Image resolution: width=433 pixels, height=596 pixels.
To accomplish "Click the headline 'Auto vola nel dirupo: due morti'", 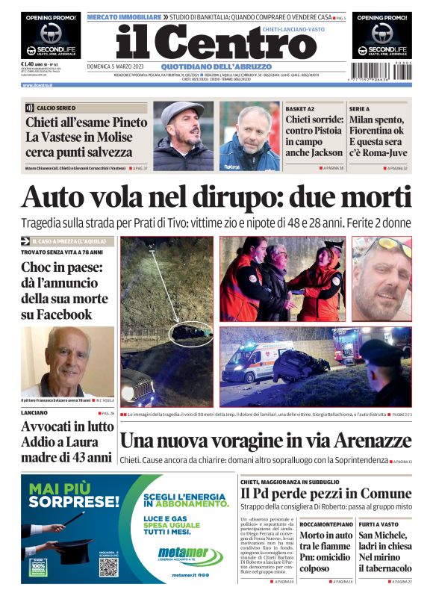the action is tap(216, 198).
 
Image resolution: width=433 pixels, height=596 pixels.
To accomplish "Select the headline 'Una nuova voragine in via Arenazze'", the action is tap(264, 441).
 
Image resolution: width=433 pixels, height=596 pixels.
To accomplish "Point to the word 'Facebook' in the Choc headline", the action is tap(57, 314).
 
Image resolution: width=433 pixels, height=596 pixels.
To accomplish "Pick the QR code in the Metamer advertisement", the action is tap(109, 566).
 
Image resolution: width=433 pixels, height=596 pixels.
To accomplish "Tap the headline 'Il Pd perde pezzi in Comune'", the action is tap(325, 494).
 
